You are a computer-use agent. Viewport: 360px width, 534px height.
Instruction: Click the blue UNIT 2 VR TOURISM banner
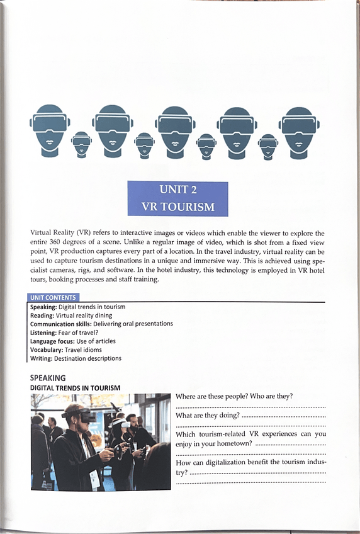point(177,198)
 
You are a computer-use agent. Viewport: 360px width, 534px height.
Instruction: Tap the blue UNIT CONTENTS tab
point(54,297)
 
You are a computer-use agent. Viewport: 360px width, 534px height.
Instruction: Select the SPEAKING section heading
point(48,377)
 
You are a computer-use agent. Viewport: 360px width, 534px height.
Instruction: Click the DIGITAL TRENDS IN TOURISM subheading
point(75,387)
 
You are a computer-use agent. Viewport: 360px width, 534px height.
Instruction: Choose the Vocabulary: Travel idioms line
point(66,349)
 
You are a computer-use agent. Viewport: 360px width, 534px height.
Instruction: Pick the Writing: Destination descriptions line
point(76,358)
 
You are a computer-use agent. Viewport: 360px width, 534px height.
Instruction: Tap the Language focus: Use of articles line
point(73,341)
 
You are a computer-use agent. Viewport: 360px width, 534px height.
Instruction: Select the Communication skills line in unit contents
point(101,324)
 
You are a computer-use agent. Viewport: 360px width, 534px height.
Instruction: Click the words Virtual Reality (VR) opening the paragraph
point(59,233)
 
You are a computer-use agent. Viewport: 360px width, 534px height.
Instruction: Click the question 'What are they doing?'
point(207,416)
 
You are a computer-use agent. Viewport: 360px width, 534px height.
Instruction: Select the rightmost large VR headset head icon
point(299,130)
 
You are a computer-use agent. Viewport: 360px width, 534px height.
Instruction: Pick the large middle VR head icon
point(175,130)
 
